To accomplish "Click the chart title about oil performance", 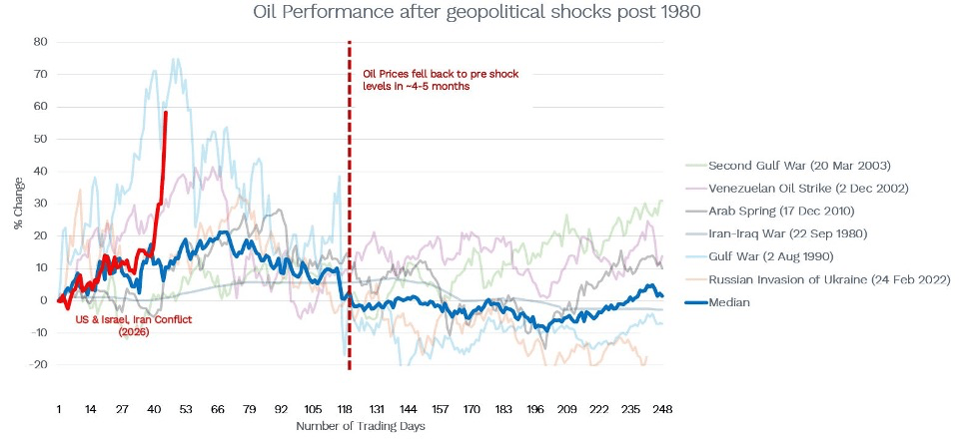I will point(480,13).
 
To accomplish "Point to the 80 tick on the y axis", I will point(40,42).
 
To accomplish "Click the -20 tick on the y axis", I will point(38,365).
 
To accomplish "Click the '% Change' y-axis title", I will point(18,206).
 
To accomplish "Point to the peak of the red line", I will point(166,113).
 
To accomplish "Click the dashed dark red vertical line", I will point(350,200).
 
